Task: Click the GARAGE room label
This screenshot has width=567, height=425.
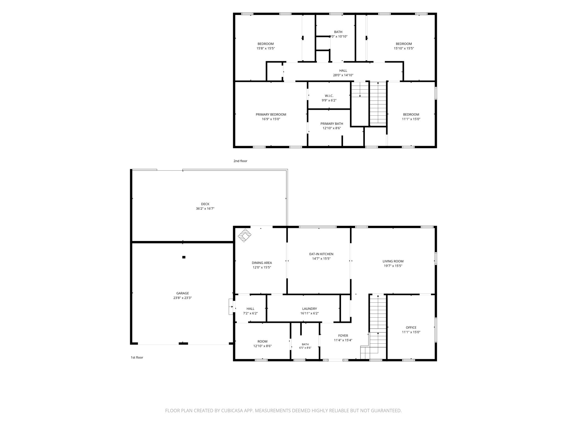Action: point(183,293)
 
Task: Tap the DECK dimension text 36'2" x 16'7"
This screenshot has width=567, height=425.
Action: point(205,209)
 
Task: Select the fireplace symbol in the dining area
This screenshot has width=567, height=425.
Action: point(245,235)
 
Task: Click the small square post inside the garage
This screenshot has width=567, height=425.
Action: point(184,257)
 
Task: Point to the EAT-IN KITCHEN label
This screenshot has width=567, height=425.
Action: point(321,254)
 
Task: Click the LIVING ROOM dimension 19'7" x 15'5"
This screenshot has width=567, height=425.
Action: point(393,266)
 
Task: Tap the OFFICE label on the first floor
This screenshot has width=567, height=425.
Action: point(411,328)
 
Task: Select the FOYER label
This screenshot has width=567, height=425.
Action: point(343,336)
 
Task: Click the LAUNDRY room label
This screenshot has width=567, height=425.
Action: point(310,309)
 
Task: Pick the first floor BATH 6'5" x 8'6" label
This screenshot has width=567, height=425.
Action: point(305,346)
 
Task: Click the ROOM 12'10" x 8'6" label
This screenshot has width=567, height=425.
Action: point(262,344)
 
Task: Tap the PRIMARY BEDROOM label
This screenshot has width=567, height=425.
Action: point(271,115)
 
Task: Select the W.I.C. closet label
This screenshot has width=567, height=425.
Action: point(329,96)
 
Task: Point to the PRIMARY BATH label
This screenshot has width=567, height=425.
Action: point(332,124)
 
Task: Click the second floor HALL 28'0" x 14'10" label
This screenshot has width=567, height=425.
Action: point(343,73)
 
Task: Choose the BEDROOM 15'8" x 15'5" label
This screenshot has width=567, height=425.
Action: point(266,46)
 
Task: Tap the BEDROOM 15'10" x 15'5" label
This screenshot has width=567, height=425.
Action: point(404,46)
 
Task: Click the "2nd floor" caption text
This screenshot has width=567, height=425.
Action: point(240,161)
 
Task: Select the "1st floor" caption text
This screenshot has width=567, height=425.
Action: point(137,357)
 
